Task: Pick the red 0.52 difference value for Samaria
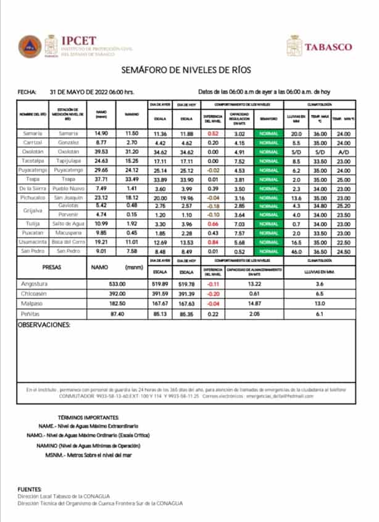[214, 133]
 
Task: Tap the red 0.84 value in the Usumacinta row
[214, 242]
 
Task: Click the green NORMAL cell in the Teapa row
[269, 179]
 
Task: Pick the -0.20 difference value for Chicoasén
[214, 294]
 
